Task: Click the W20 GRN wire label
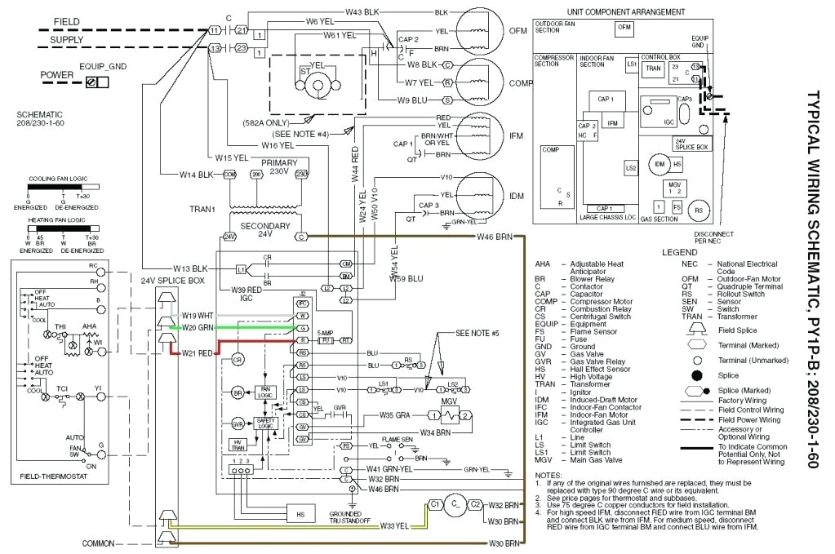point(197,327)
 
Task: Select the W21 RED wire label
point(197,352)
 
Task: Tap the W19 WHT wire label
point(197,314)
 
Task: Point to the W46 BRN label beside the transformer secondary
point(495,237)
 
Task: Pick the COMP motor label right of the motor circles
point(520,82)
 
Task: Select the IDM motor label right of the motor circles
point(517,197)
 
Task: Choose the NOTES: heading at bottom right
point(548,475)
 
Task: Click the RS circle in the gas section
point(698,210)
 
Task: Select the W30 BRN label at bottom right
point(504,543)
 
